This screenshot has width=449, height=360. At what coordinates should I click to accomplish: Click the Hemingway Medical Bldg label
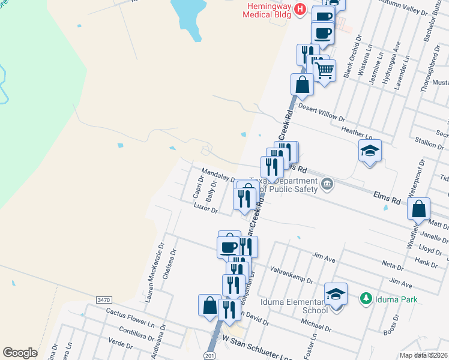(x=267, y=11)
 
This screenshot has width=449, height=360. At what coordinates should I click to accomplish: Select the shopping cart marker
(x=325, y=71)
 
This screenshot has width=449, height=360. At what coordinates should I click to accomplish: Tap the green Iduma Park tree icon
(x=364, y=298)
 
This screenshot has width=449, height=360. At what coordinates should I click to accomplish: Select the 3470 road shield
(x=104, y=299)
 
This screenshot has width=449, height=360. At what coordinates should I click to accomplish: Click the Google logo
(x=20, y=353)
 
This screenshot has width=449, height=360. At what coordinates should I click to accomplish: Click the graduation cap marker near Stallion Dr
(x=370, y=151)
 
